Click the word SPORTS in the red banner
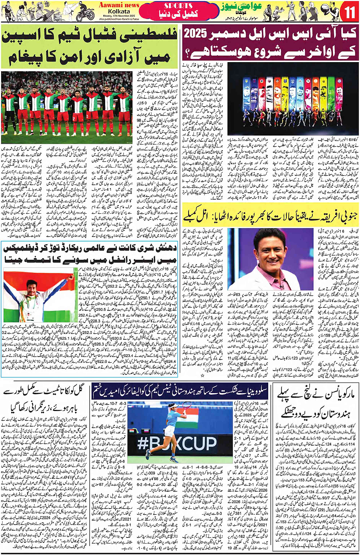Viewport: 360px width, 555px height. point(178,6)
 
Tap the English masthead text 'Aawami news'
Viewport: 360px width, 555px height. point(119,5)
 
